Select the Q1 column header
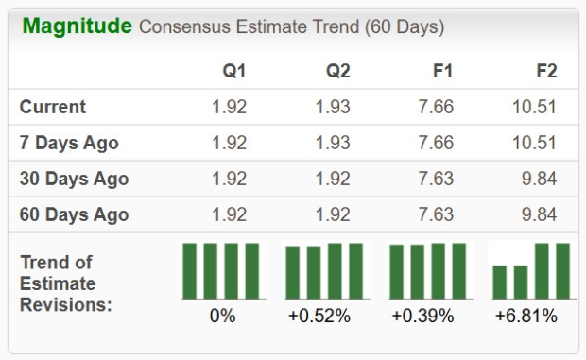(234, 71)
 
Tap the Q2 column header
(336, 71)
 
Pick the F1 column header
(441, 71)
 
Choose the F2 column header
(545, 71)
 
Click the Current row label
(53, 107)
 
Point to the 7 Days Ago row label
(70, 143)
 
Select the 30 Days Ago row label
(75, 179)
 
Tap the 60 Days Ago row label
(75, 214)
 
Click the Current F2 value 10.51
(534, 107)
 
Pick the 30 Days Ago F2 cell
(539, 179)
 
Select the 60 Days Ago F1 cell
(435, 214)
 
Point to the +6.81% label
(526, 316)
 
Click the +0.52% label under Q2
(319, 316)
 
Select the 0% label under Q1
(222, 316)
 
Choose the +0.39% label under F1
(422, 316)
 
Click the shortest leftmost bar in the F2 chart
(500, 282)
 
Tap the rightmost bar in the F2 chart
(562, 270)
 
